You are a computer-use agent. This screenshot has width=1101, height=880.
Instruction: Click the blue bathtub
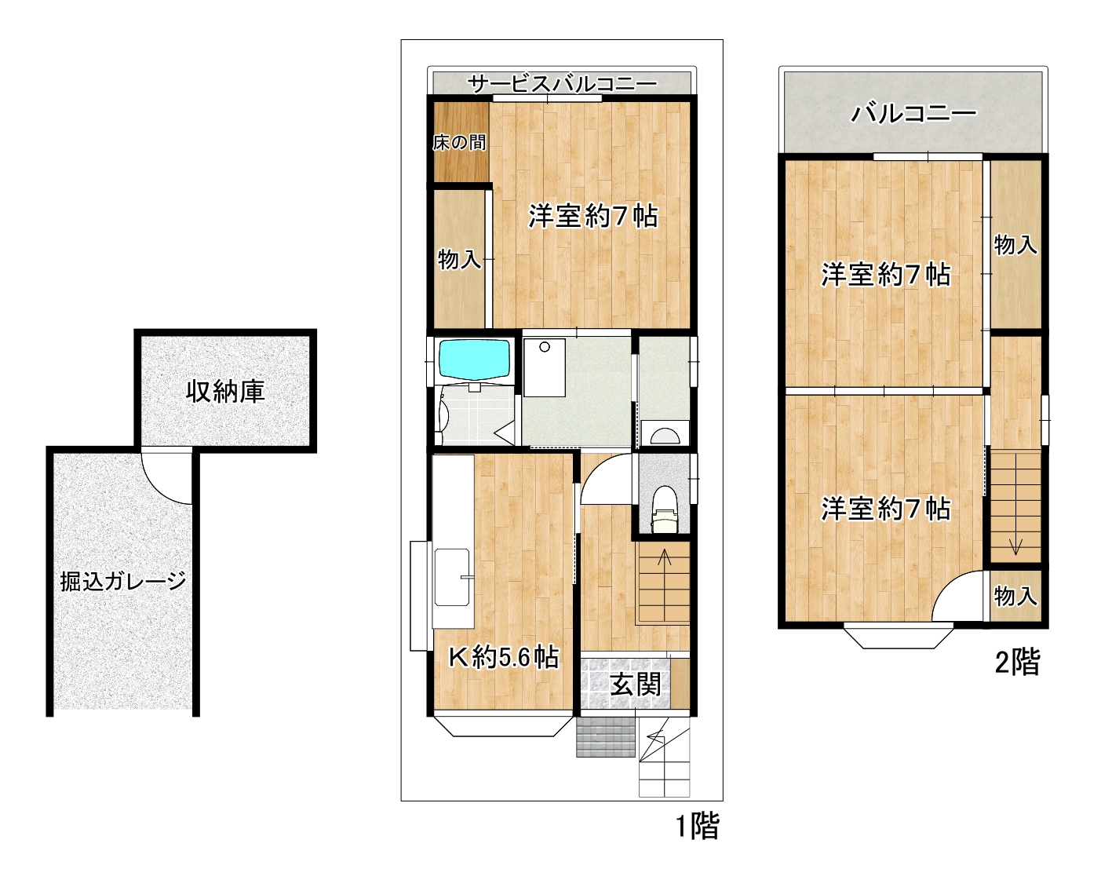pyautogui.click(x=474, y=358)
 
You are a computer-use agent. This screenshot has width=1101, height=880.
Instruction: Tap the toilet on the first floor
pyautogui.click(x=664, y=509)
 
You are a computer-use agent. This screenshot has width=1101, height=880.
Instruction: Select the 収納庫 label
pyautogui.click(x=225, y=392)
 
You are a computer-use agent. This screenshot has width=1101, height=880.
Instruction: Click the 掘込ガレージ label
pyautogui.click(x=122, y=581)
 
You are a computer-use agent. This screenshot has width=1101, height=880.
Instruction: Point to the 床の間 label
pyautogui.click(x=459, y=142)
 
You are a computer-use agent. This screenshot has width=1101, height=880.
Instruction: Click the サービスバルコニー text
pyautogui.click(x=562, y=83)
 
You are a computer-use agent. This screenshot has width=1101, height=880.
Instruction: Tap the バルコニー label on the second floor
pyautogui.click(x=913, y=114)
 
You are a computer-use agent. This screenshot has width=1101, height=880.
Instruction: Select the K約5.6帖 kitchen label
pyautogui.click(x=504, y=657)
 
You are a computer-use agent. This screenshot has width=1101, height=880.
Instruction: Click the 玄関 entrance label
pyautogui.click(x=636, y=685)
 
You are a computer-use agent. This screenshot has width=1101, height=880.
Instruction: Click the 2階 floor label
pyautogui.click(x=1017, y=662)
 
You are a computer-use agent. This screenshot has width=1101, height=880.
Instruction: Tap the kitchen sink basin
pyautogui.click(x=452, y=577)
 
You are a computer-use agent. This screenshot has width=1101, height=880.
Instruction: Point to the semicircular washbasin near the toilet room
pyautogui.click(x=665, y=436)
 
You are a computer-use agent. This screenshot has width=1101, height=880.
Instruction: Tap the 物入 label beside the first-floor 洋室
pyautogui.click(x=459, y=260)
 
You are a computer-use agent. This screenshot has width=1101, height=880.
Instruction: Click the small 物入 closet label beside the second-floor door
pyautogui.click(x=1015, y=596)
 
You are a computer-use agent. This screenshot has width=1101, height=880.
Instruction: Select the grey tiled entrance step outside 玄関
pyautogui.click(x=606, y=736)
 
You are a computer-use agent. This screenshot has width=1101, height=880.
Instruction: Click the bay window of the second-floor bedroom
pyautogui.click(x=898, y=635)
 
